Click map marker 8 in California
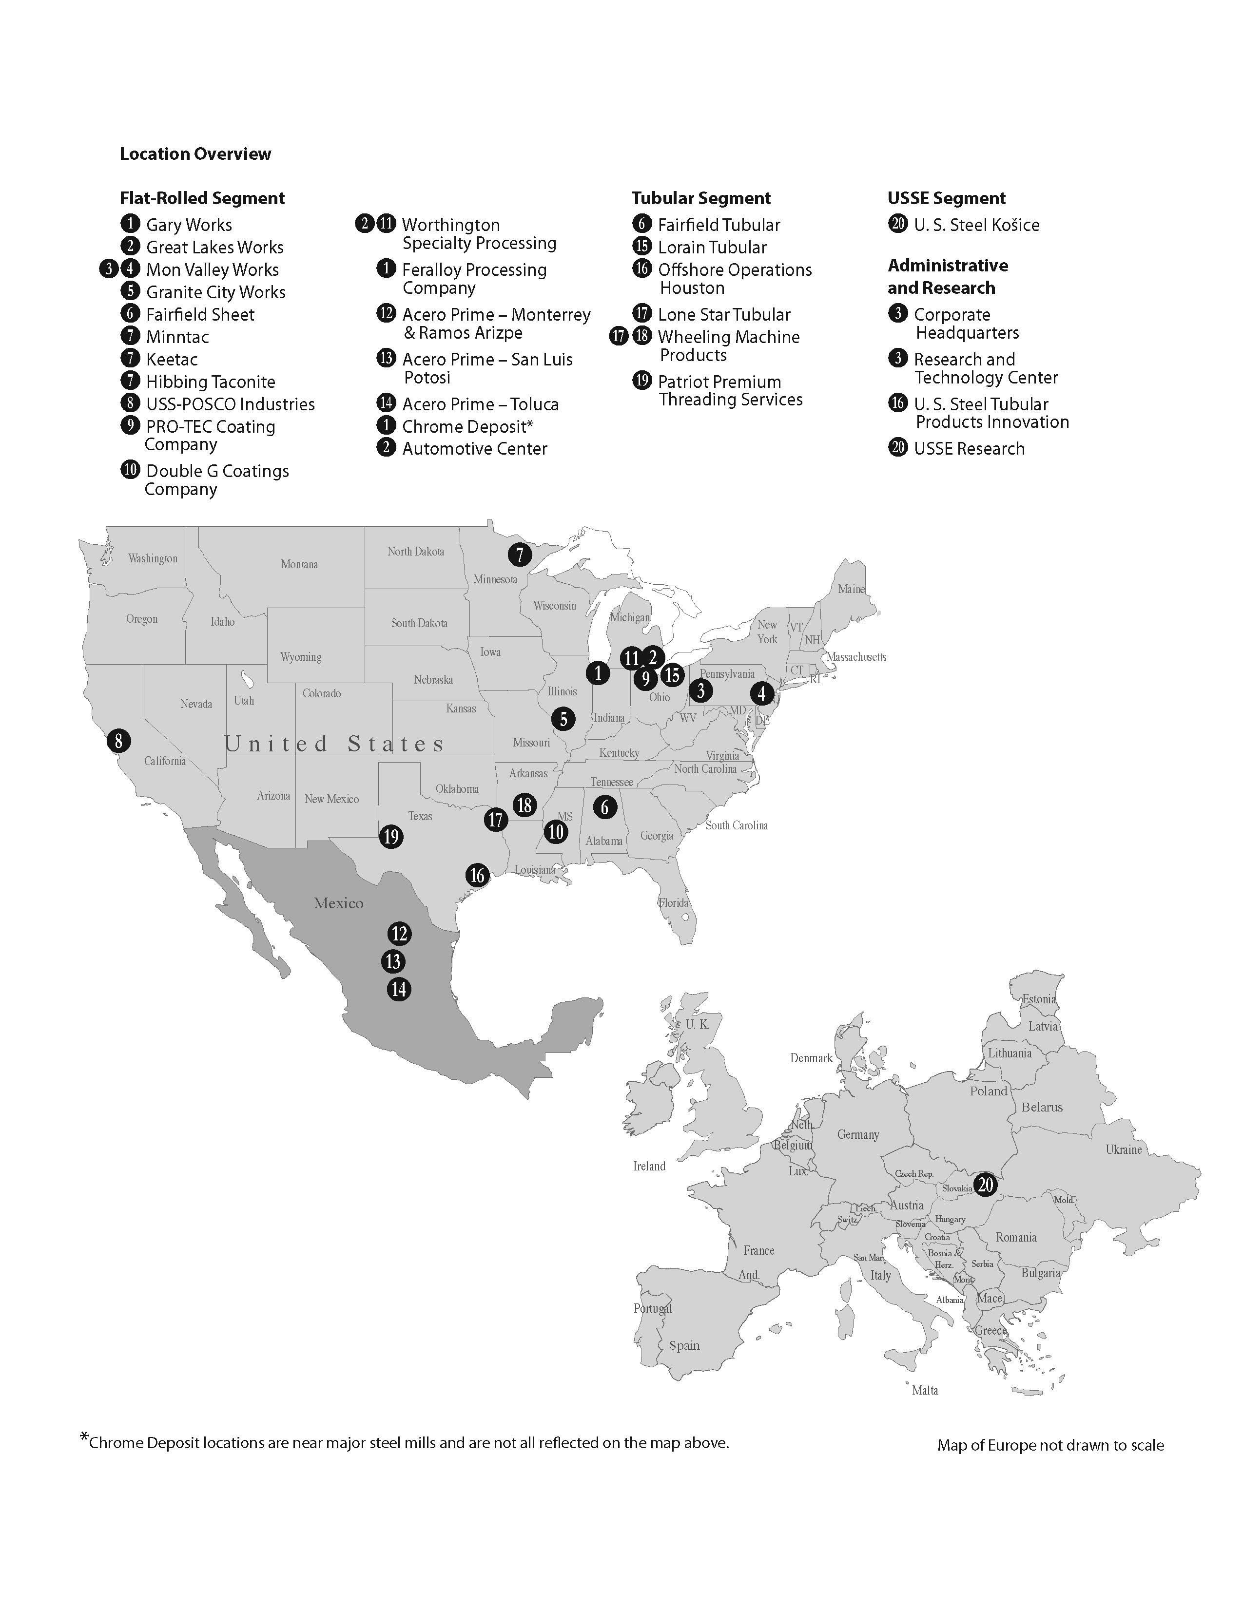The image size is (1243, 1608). tap(118, 740)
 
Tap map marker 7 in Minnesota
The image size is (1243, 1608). tap(520, 555)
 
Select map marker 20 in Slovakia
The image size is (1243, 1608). tap(985, 1185)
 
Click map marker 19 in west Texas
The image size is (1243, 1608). tap(391, 836)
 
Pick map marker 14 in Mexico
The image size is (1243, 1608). tap(398, 989)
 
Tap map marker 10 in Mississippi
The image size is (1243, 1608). tap(556, 832)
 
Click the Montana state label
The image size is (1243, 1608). tap(299, 564)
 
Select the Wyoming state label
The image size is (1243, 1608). tap(300, 657)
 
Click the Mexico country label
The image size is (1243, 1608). tap(339, 902)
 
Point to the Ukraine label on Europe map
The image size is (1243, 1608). tap(1123, 1149)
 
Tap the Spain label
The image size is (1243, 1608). tap(684, 1345)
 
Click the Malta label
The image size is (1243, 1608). tap(925, 1390)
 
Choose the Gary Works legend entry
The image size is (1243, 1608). tap(189, 225)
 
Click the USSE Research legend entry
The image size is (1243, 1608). tap(969, 448)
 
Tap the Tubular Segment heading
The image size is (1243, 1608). tap(700, 198)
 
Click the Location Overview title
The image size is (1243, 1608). tap(195, 154)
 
